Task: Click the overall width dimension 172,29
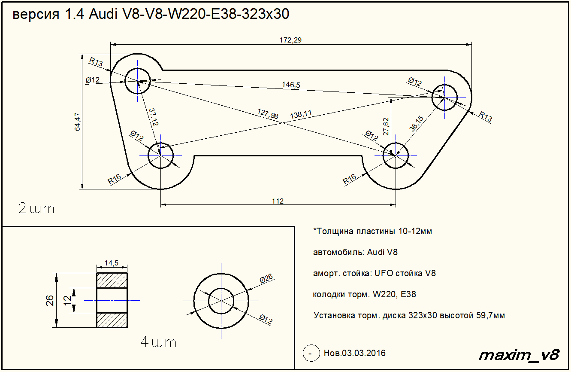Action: click(291, 40)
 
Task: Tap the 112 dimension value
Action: click(278, 201)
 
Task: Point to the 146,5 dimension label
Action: click(291, 85)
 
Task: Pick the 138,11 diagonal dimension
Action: click(301, 114)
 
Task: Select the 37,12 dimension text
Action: click(154, 117)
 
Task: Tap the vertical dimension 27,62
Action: click(386, 127)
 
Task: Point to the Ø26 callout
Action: click(266, 279)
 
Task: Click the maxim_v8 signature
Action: click(519, 355)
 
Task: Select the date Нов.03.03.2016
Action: click(354, 354)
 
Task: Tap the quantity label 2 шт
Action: click(36, 209)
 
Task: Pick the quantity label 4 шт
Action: click(158, 342)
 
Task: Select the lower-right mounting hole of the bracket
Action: click(395, 155)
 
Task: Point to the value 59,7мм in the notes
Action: click(490, 315)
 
